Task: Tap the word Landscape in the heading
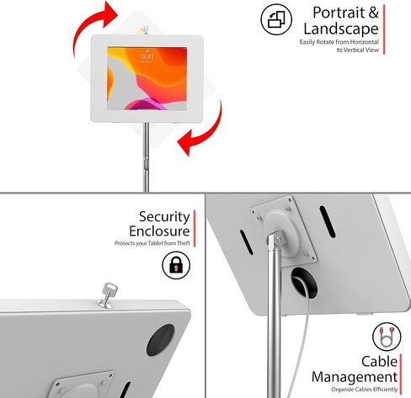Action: (341, 29)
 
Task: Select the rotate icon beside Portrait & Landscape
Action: (276, 19)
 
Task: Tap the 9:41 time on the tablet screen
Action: (147, 57)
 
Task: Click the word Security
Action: (164, 217)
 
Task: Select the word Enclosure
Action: (159, 231)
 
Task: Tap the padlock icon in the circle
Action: (176, 265)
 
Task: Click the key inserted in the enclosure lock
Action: (108, 295)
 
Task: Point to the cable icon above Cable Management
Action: (387, 337)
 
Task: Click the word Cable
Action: (379, 361)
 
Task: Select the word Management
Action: (355, 377)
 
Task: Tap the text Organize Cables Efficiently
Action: (365, 390)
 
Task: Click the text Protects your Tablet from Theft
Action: (152, 243)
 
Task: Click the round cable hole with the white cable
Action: (304, 283)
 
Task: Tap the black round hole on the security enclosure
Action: (160, 340)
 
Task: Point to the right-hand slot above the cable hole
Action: (328, 221)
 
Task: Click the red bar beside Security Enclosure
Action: (195, 229)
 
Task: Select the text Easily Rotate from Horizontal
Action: (339, 42)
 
